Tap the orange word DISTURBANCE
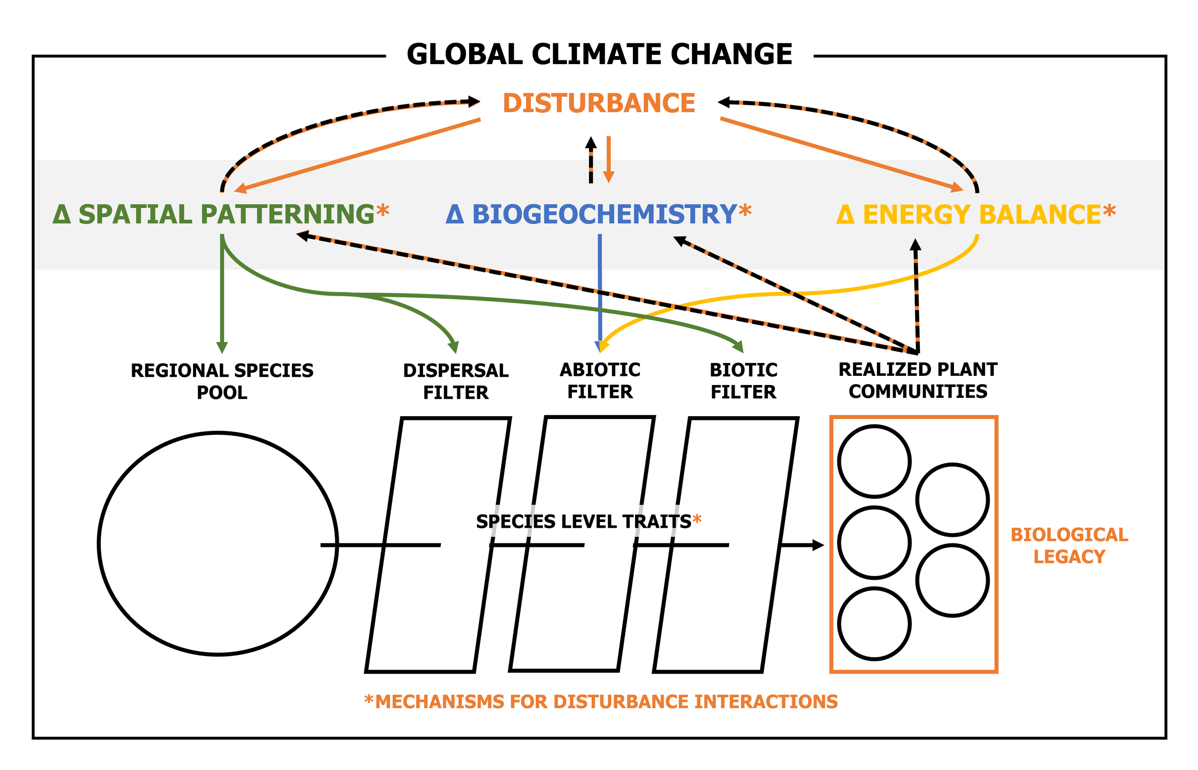(598, 103)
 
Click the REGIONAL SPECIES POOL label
(222, 381)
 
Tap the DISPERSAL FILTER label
(456, 381)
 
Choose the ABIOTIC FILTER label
(600, 381)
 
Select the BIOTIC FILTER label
(743, 381)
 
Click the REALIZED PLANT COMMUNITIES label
(917, 380)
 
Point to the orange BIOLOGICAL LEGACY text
(1069, 545)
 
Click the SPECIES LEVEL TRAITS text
(583, 521)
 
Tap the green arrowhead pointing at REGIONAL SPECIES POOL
(222, 348)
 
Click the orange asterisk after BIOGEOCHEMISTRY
(745, 211)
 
